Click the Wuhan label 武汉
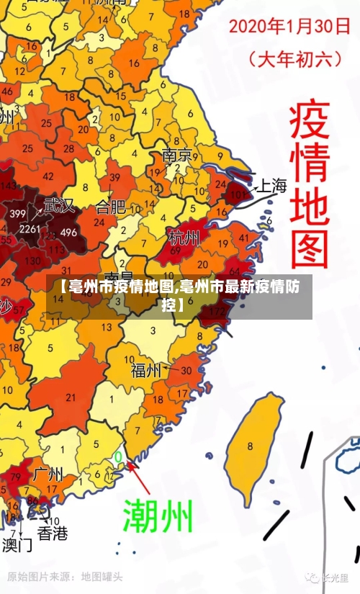point(59,205)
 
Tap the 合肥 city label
point(110,208)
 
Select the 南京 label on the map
point(177,156)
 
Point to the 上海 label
point(272,186)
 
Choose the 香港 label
point(53,534)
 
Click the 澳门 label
point(17,544)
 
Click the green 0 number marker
point(118,456)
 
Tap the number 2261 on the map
point(30,229)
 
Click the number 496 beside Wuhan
point(68,233)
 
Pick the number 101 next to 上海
point(238,195)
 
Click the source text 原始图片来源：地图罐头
point(65,577)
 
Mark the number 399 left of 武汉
point(18,213)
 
